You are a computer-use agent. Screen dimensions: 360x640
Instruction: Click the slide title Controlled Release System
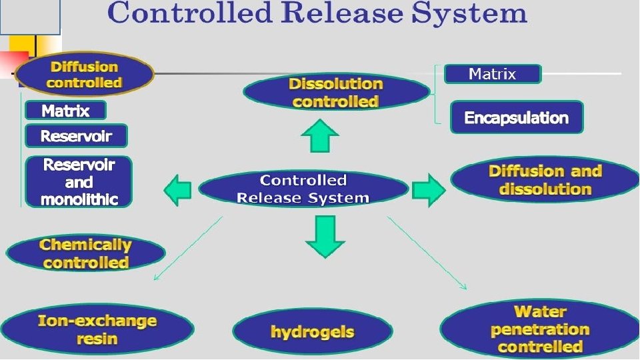point(317,13)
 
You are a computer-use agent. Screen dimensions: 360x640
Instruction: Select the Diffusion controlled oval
point(84,74)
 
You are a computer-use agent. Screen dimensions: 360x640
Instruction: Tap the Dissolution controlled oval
point(335,93)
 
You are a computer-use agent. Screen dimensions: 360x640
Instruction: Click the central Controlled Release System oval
point(303,189)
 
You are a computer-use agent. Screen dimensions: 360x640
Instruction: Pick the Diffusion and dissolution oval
point(545,180)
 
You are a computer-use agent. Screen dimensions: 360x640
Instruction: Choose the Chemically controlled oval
point(85,253)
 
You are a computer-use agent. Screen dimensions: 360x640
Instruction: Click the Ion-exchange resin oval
point(97,329)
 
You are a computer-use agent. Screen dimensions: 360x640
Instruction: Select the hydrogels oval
point(312,332)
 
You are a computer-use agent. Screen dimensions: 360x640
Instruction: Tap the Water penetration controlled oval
point(540,329)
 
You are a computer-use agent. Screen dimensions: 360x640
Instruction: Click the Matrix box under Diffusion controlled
point(65,110)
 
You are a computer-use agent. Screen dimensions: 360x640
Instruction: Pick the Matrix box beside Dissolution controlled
point(493,73)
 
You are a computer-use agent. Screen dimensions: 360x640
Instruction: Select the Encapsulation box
point(517,117)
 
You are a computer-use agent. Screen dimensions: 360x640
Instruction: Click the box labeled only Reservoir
point(76,136)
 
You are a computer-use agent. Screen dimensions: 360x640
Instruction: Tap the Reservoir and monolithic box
point(79,181)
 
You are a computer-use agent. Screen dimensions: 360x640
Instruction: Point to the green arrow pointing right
point(428,189)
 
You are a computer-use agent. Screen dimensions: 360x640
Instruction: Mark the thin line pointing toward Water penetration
point(427,253)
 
